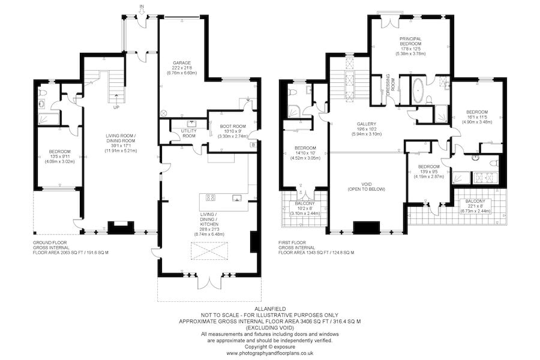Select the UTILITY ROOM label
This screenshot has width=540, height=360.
click(188, 133)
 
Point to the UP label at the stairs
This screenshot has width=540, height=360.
click(116, 107)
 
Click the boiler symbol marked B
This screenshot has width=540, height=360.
click(253, 145)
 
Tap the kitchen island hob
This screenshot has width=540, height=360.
click(211, 197)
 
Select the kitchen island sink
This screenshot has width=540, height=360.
click(236, 197)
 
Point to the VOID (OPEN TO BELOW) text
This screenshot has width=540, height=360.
click(367, 187)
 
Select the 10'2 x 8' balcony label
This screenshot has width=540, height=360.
click(305, 208)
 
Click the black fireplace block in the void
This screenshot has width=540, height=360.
click(367, 228)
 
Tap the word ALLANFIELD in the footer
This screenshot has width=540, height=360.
click(270, 309)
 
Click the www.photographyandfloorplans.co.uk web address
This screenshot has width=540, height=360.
click(270, 353)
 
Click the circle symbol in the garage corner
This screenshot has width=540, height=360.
click(164, 113)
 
